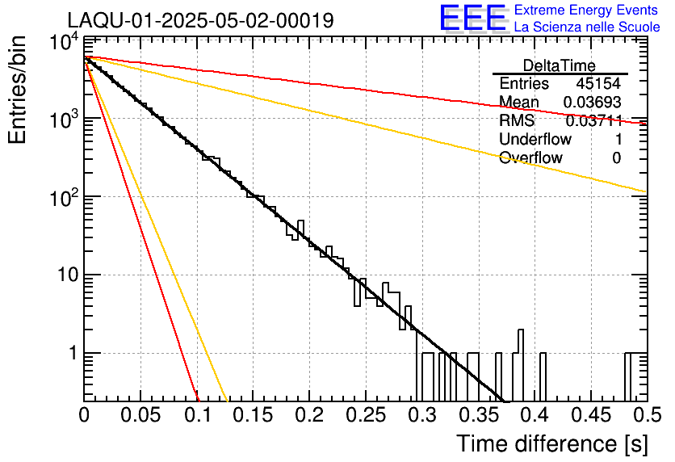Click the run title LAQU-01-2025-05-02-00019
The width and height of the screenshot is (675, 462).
coord(200,20)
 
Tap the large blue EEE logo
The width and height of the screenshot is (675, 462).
coord(472,18)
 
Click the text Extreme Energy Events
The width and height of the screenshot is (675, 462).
coord(586,10)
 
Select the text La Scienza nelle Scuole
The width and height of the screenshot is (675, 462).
coord(587,27)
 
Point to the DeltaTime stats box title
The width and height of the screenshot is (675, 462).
coord(560,65)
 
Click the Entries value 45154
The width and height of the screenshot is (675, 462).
coord(598,84)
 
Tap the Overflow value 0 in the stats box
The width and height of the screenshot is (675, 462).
coord(616,158)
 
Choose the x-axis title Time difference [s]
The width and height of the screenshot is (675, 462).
coord(551,443)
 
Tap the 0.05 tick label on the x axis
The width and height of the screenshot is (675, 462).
coord(140,415)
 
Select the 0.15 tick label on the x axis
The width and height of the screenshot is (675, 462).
coord(254,415)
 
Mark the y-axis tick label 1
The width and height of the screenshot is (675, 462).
coord(71,354)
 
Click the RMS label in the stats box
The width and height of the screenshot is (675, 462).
coord(517,121)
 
